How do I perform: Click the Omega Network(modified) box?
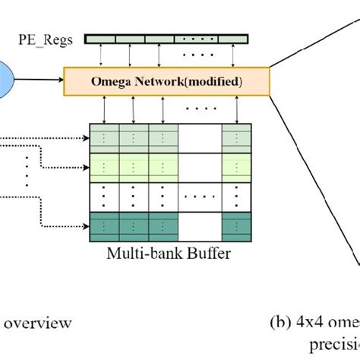166,80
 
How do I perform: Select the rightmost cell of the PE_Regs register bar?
235,39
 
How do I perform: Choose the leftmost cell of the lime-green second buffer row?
103,163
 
